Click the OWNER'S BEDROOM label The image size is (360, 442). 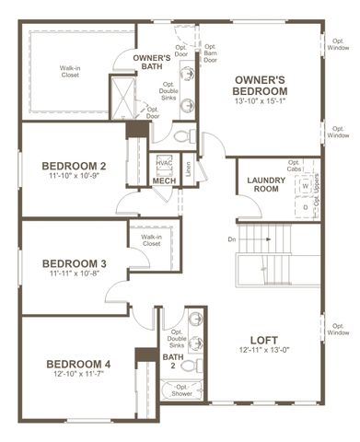point(261,86)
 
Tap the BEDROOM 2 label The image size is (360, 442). point(75,166)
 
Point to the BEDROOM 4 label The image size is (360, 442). point(78,365)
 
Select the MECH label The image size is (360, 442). point(164,181)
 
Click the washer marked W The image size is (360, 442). point(305,185)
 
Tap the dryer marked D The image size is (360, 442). point(305,207)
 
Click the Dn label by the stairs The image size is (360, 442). point(232,240)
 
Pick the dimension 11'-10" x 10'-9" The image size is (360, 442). point(75,177)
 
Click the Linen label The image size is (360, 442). point(188,167)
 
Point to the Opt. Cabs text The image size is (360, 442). point(294,167)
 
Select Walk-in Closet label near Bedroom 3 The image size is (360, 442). point(151,242)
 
